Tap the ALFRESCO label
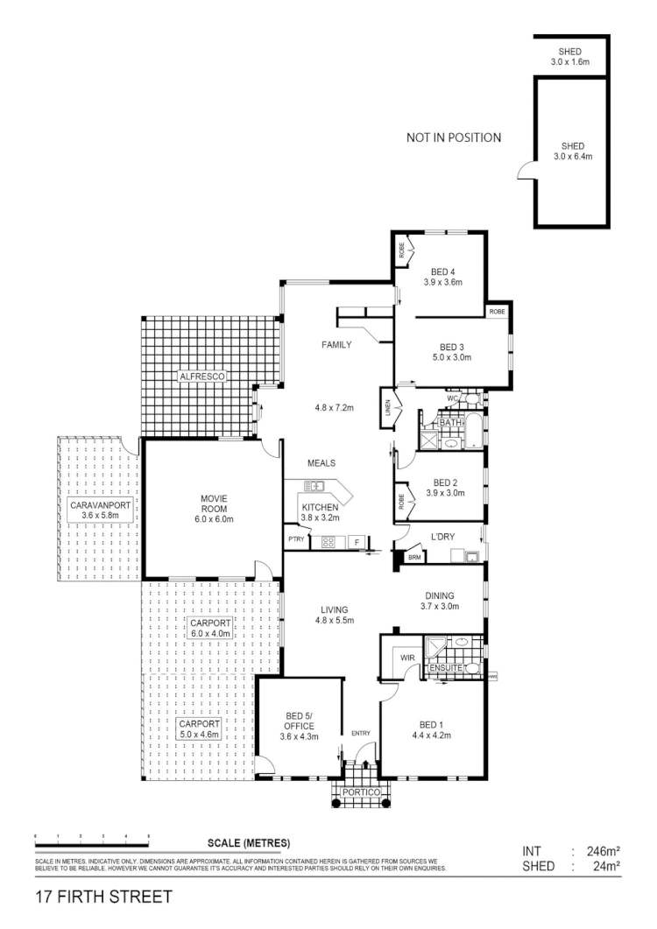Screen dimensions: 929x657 pos(203,376)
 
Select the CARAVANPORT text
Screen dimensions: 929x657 pos(99,504)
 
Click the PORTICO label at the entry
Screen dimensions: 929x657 pos(362,792)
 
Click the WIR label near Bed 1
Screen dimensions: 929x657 pos(406,656)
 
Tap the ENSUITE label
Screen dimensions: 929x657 pos(445,669)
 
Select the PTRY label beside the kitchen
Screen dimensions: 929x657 pos(294,539)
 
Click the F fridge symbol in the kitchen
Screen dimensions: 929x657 pos(357,542)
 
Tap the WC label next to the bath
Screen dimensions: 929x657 pos(453,399)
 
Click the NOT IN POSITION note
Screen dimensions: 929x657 pos(454,137)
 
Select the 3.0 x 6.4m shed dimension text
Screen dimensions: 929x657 pos(573,157)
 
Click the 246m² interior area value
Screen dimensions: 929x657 pos(603,850)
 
